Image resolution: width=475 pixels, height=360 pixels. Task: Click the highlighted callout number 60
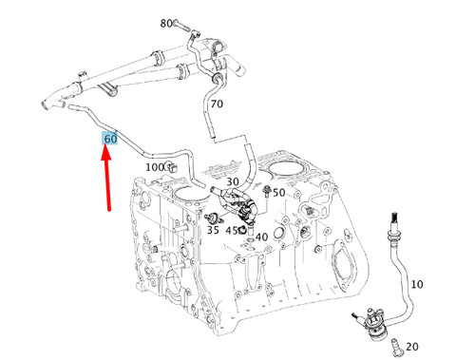coord(111,139)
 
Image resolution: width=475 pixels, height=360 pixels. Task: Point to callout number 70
coord(217,104)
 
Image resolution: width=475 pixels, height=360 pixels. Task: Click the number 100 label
coord(154,167)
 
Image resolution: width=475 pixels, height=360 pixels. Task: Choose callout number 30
coord(232,181)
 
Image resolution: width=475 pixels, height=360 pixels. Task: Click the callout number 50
coord(279,193)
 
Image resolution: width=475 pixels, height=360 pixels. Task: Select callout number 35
coord(213,230)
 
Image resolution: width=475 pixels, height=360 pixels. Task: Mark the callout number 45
coord(232,230)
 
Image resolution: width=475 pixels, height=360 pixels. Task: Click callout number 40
coord(261,237)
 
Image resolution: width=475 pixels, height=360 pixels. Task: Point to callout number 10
coord(417,284)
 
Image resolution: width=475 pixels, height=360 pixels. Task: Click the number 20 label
coord(411,346)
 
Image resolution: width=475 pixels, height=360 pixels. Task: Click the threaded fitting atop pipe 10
coord(390,226)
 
